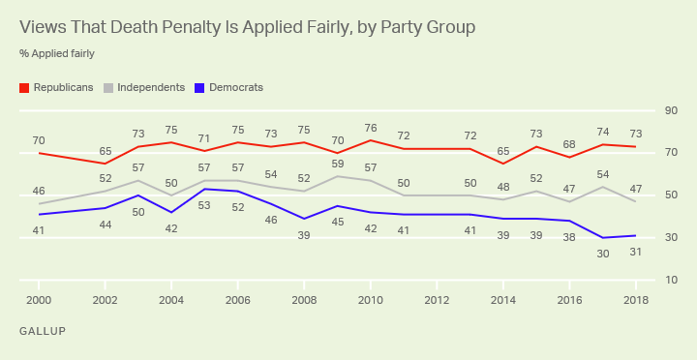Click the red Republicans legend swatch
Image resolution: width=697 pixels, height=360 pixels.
(24, 87)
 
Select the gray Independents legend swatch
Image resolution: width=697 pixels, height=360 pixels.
(108, 87)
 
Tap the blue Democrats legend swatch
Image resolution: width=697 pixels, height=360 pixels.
(199, 87)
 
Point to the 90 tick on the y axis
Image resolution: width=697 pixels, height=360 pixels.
(671, 110)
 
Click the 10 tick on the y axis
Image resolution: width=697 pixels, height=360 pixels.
(671, 280)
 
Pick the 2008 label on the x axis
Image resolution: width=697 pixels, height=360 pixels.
(304, 300)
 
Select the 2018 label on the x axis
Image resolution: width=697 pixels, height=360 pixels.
(636, 300)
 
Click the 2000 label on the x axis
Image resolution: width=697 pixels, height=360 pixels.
(39, 300)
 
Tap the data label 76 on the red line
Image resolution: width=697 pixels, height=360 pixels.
(370, 129)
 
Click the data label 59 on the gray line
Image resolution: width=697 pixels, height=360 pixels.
(338, 164)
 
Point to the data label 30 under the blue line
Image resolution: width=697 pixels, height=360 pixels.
(602, 255)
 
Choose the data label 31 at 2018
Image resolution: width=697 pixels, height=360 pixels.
(636, 252)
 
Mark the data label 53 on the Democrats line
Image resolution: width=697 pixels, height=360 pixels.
(204, 206)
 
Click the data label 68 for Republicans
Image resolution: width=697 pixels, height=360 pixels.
(569, 144)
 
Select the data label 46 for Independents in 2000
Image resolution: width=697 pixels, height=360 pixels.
(39, 191)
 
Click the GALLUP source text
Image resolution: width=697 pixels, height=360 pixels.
(43, 331)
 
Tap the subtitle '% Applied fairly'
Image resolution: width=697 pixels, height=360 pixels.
(57, 54)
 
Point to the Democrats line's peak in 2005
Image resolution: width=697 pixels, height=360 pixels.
(204, 189)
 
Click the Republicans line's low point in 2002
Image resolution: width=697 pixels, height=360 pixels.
(105, 164)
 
